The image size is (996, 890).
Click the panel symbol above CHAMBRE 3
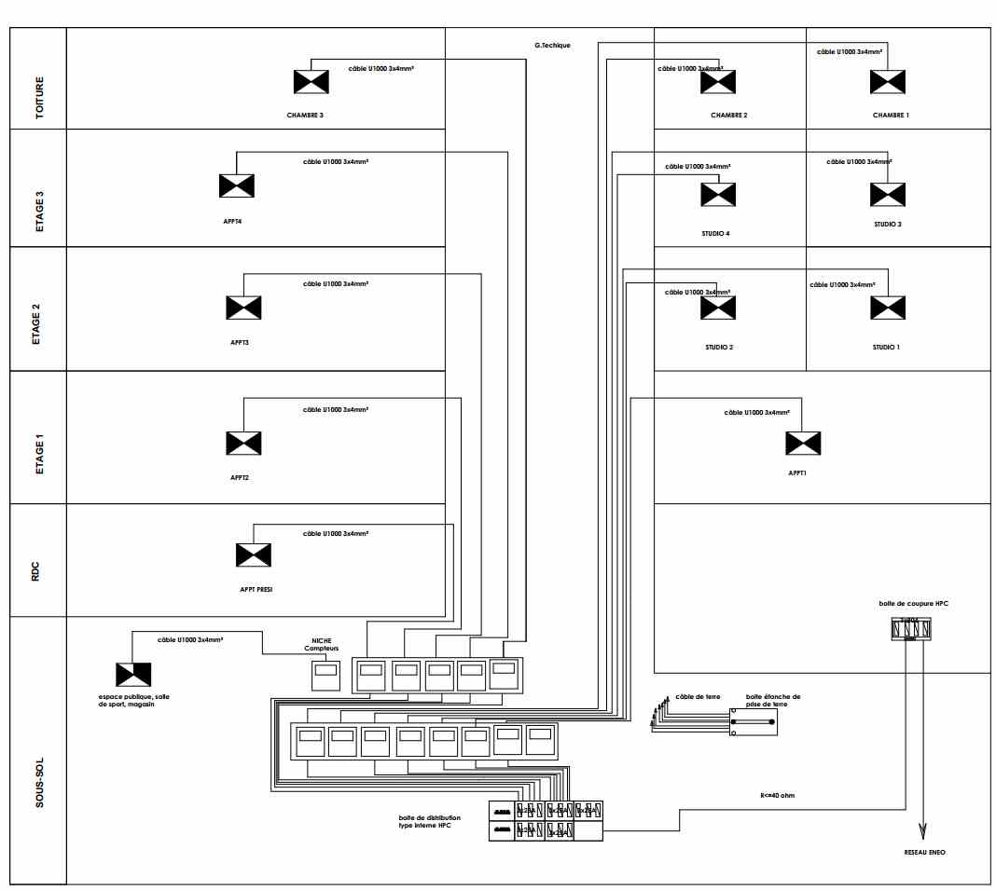point(311,82)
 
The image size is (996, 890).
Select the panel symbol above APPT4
point(237,185)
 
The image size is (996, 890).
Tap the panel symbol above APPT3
point(243,308)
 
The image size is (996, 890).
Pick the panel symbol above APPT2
point(243,443)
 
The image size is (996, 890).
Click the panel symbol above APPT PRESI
point(254,555)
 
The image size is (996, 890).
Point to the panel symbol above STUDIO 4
point(718,194)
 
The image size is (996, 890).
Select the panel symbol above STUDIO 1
point(887,308)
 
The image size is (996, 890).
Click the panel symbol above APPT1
point(803,443)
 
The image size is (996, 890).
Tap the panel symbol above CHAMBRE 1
point(887,82)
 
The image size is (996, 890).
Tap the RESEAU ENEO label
point(923,852)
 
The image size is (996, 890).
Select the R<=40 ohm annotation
point(777,796)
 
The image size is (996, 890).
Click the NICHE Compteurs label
point(324,645)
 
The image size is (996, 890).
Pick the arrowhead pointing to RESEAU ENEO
point(923,830)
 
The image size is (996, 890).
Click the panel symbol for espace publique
point(133,674)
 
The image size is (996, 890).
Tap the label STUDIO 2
point(718,347)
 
